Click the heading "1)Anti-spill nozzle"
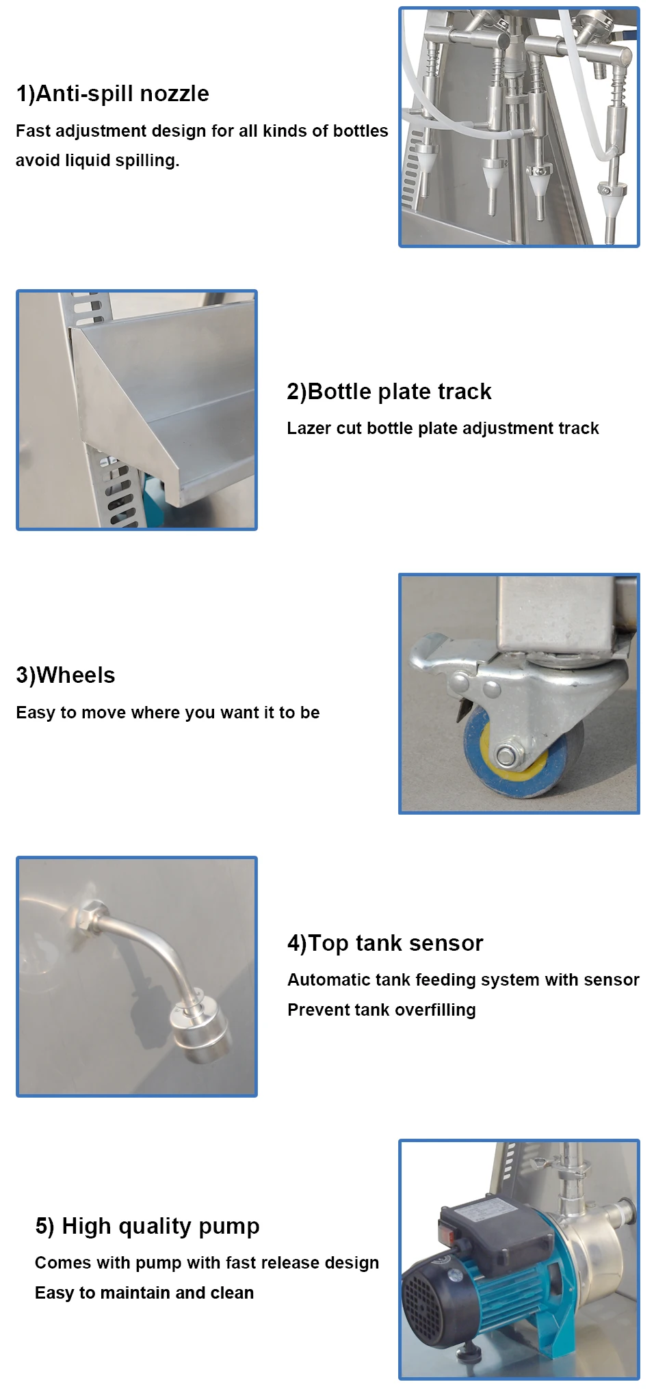point(112,94)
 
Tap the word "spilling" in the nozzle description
point(146,161)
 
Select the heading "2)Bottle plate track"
point(389,392)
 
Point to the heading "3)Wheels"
point(66,675)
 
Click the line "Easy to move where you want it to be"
point(168,713)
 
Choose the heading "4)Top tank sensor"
point(385,943)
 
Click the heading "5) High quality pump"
point(147,1226)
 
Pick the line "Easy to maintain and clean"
point(144,1293)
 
